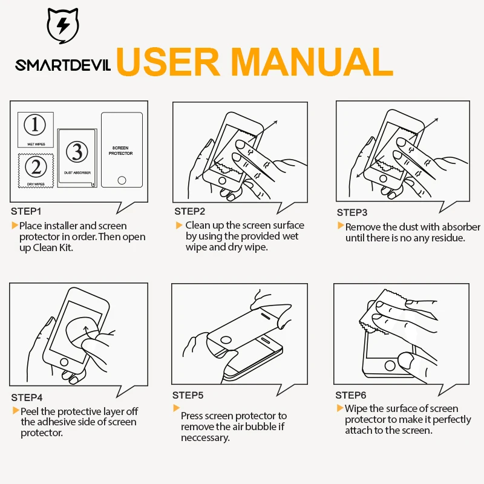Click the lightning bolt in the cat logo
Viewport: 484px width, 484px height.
pyautogui.click(x=64, y=25)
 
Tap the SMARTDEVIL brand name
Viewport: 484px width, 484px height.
pyautogui.click(x=63, y=65)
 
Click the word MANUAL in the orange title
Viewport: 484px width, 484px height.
pyautogui.click(x=312, y=62)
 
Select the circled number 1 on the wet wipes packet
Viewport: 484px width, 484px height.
pyautogui.click(x=35, y=125)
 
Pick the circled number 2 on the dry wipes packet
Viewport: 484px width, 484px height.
pyautogui.click(x=36, y=167)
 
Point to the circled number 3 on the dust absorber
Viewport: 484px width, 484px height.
pyautogui.click(x=77, y=152)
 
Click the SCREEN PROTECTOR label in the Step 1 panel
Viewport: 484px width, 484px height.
pyautogui.click(x=120, y=151)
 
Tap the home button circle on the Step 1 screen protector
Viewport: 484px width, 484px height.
pyautogui.click(x=122, y=180)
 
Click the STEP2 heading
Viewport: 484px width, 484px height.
pyautogui.click(x=189, y=211)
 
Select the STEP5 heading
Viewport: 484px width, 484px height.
pyautogui.click(x=188, y=396)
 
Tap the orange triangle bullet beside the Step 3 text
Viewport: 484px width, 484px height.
pyautogui.click(x=341, y=226)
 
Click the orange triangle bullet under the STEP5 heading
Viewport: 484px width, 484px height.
pyautogui.click(x=176, y=408)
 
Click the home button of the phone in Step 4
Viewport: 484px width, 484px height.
pyautogui.click(x=64, y=362)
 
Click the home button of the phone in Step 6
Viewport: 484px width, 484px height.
pyautogui.click(x=390, y=366)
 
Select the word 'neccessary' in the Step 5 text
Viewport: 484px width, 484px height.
pyautogui.click(x=205, y=438)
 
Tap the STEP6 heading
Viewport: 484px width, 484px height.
pyautogui.click(x=351, y=396)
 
